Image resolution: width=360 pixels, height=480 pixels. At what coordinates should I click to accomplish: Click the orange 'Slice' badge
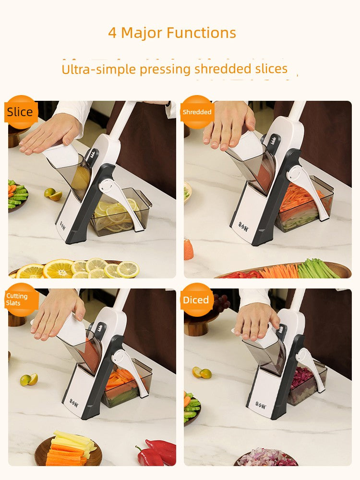(21, 112)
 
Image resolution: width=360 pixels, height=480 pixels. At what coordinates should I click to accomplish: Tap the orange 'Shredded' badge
(197, 112)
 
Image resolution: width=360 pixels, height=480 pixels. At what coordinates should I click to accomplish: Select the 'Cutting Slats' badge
(20, 300)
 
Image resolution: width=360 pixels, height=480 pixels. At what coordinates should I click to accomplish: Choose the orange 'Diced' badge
(196, 300)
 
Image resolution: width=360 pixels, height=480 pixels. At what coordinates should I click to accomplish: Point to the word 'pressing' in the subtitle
(166, 69)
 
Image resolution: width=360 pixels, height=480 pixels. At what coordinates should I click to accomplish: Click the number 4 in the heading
(112, 33)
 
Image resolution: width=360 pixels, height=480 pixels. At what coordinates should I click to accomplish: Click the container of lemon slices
(121, 212)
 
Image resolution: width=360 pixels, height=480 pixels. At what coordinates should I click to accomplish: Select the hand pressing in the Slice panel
(49, 134)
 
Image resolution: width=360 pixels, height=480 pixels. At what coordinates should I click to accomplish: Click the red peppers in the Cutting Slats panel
(156, 452)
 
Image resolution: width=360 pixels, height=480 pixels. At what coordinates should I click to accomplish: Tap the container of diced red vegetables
(306, 384)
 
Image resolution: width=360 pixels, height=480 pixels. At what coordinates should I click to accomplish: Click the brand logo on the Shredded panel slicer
(244, 226)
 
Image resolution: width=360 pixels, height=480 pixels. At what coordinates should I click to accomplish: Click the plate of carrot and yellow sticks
(68, 450)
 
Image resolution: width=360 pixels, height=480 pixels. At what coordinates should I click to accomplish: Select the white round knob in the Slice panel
(106, 186)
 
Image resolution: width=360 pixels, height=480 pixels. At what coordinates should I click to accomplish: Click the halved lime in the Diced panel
(202, 372)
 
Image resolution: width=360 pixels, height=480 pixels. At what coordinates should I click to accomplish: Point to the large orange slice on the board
(59, 269)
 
